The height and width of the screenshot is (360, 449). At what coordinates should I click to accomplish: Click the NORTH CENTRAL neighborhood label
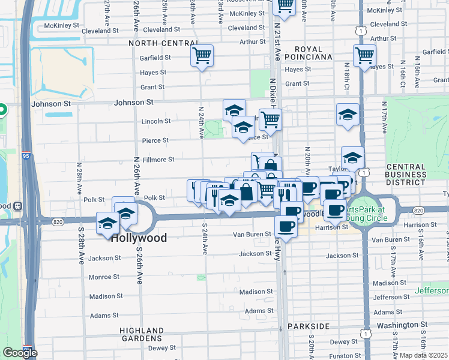tap(163, 43)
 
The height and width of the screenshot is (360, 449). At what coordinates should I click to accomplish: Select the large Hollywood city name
tap(139, 238)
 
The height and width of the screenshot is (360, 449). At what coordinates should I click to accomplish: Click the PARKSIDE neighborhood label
tap(309, 326)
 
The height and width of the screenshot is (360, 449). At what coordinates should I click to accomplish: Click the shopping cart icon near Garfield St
tap(202, 56)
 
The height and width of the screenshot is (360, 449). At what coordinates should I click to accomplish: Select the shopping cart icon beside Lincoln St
tap(271, 119)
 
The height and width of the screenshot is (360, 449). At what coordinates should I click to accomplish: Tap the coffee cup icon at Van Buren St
tap(286, 227)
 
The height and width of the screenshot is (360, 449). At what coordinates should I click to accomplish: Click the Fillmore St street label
tap(154, 160)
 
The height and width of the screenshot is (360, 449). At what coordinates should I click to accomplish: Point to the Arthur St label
tap(253, 42)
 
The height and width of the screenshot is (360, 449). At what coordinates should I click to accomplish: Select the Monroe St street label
tap(104, 277)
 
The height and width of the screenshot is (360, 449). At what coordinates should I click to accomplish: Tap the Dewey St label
tap(161, 348)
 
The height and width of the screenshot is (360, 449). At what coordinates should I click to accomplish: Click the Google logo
tap(20, 353)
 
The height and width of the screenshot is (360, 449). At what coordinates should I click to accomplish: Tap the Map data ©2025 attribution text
tap(423, 355)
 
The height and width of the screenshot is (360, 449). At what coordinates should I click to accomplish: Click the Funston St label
tap(342, 356)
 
